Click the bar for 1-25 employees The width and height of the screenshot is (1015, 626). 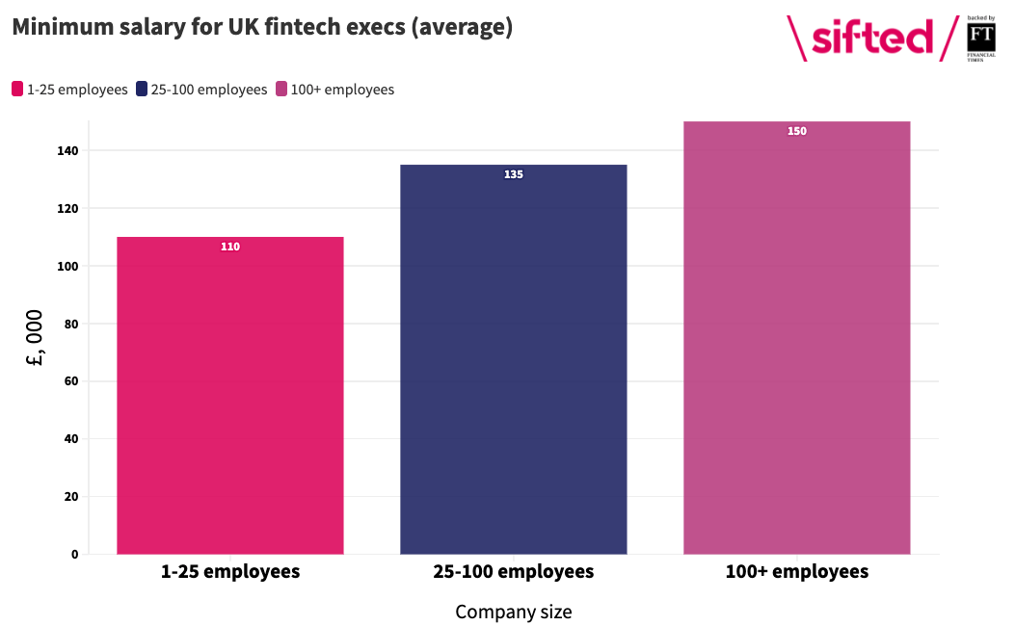(x=229, y=395)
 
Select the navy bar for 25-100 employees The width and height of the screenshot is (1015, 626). (x=514, y=359)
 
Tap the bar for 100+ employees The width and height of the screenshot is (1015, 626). (x=797, y=338)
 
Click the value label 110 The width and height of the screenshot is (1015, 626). (x=230, y=247)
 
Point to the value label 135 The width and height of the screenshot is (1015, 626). (x=514, y=174)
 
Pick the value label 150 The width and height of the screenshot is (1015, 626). (x=797, y=131)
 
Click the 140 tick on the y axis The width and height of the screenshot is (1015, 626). (x=68, y=150)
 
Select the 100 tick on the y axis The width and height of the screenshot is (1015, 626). (x=68, y=267)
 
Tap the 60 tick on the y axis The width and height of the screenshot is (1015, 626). (x=71, y=381)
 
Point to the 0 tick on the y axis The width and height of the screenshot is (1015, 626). (x=75, y=554)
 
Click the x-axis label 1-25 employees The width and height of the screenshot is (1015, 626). (x=230, y=572)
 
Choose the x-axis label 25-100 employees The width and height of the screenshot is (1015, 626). (x=514, y=572)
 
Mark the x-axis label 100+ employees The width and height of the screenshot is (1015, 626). (x=797, y=572)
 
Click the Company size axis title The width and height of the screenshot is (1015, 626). (x=514, y=612)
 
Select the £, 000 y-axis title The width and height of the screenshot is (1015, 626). (x=35, y=338)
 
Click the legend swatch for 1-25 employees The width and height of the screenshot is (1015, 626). (x=17, y=90)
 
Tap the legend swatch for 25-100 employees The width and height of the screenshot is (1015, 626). (x=142, y=90)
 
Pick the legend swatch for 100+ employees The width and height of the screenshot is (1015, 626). (x=281, y=90)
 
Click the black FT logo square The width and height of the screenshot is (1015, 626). (x=981, y=38)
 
